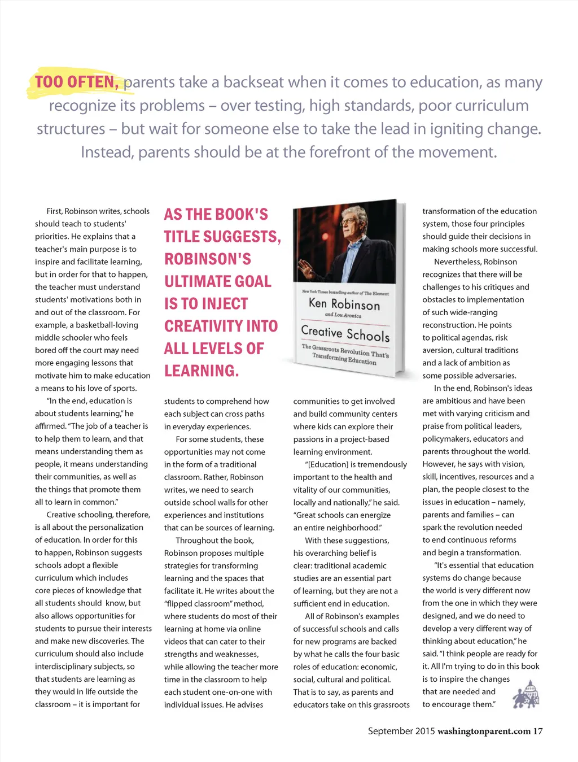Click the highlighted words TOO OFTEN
pyautogui.click(x=76, y=82)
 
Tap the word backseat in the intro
pyautogui.click(x=253, y=82)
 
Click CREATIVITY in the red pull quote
pyautogui.click(x=221, y=326)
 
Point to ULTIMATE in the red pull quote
pyautogui.click(x=218, y=282)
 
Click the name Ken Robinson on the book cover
pyautogui.click(x=344, y=304)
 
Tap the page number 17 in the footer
pyautogui.click(x=537, y=731)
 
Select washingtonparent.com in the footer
pyautogui.click(x=484, y=731)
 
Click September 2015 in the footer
pyautogui.click(x=401, y=731)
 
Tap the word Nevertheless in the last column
pyautogui.click(x=458, y=262)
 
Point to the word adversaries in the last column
pyautogui.click(x=496, y=376)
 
